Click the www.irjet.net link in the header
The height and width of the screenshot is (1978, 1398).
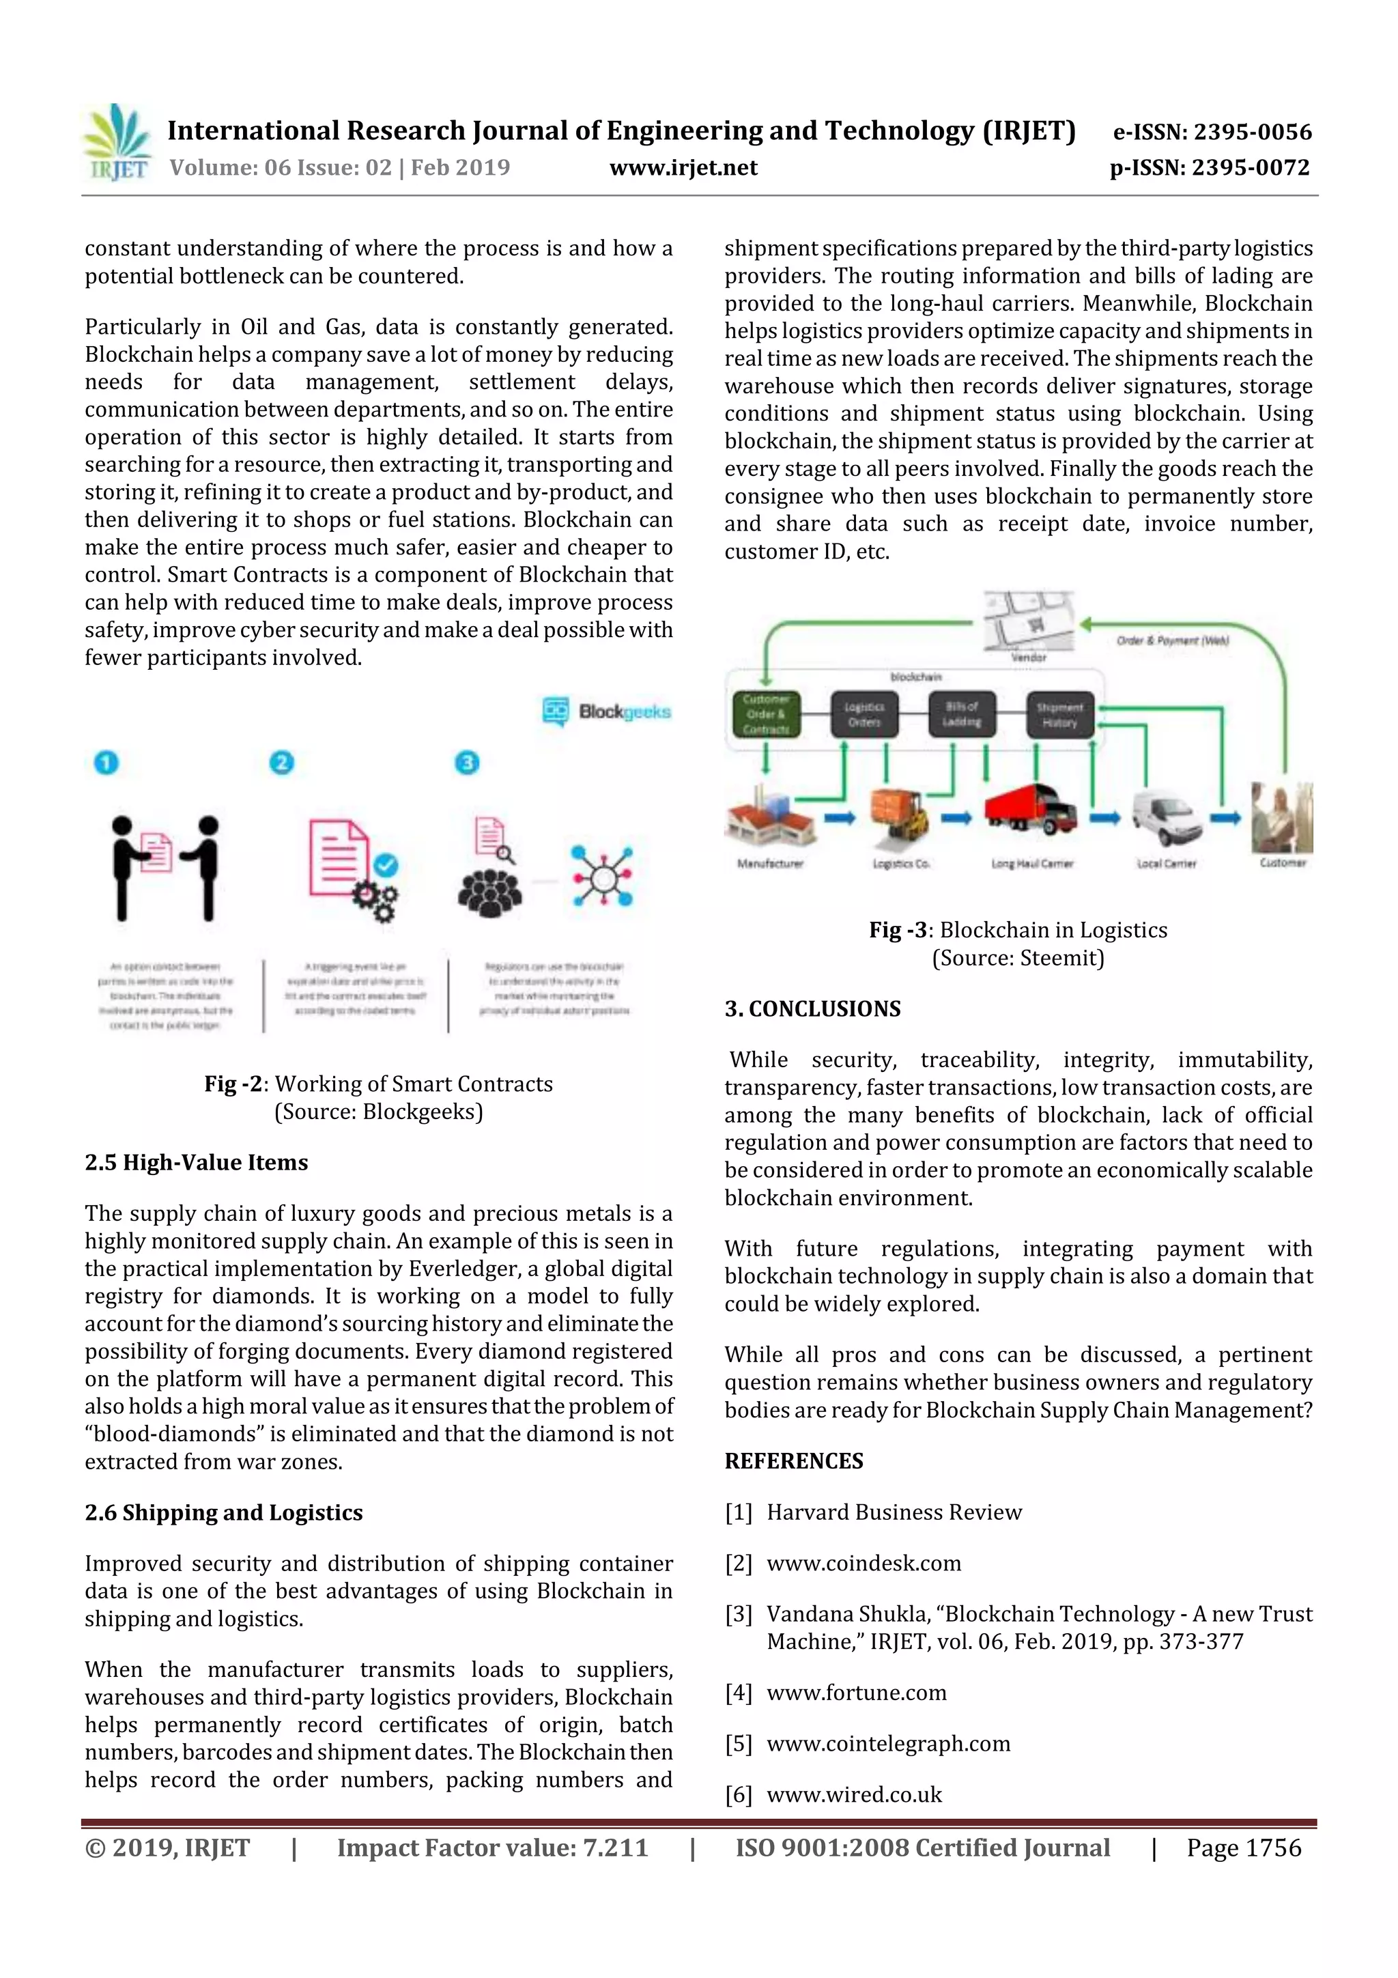tap(683, 168)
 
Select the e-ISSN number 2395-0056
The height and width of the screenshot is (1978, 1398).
tap(1251, 132)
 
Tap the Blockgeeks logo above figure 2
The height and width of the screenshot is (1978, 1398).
tap(606, 711)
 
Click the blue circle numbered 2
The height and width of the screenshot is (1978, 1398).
tap(282, 763)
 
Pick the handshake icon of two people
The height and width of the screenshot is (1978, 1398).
tap(165, 866)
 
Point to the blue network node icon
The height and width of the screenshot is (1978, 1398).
tap(602, 876)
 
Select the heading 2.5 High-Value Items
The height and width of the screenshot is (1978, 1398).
tap(197, 1162)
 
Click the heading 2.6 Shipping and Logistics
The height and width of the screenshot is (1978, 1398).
tap(224, 1513)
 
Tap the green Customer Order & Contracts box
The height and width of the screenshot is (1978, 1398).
tap(766, 714)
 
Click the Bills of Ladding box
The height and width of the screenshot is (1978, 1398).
tap(961, 714)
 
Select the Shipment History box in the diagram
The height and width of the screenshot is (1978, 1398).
tap(1059, 715)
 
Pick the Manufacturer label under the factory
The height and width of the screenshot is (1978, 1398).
tap(769, 863)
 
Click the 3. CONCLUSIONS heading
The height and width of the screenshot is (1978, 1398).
tap(812, 1009)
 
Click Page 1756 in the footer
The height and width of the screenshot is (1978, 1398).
tap(1243, 1848)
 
